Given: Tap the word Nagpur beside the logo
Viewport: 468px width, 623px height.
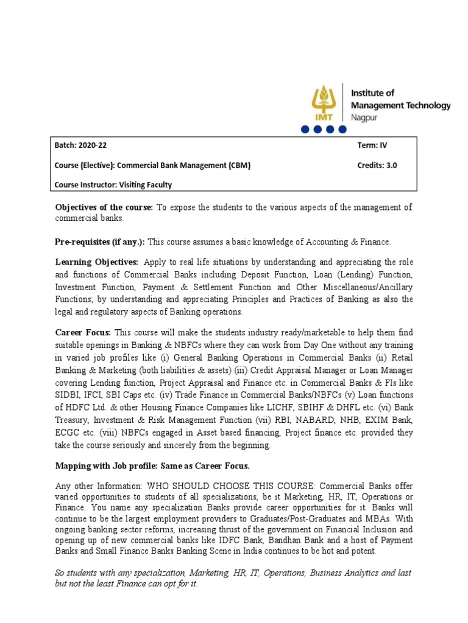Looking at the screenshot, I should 364,116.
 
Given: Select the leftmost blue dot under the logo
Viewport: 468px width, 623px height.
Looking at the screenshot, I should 304,130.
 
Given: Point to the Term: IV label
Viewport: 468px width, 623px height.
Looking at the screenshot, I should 372,146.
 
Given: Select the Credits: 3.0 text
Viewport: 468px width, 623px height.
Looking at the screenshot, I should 377,165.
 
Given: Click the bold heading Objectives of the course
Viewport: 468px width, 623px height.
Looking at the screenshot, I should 104,207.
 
